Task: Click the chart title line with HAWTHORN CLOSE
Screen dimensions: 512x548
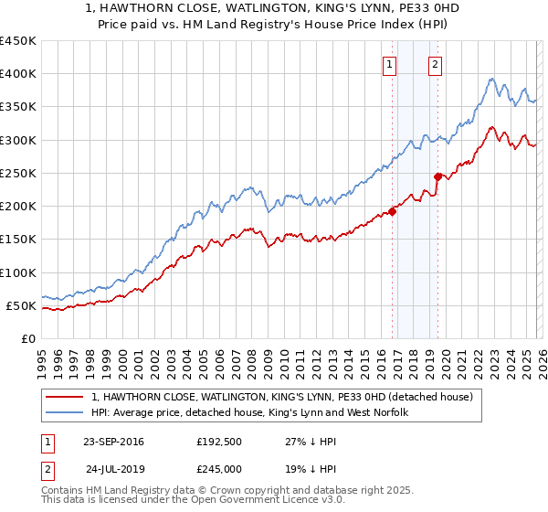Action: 274,8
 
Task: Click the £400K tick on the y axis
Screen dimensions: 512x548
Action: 18,74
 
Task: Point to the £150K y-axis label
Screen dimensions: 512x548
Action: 18,240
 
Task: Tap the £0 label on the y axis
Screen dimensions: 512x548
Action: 27,338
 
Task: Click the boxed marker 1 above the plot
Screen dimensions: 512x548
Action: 390,64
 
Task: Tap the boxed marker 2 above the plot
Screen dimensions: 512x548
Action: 435,64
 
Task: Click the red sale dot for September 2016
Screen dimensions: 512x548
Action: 392,211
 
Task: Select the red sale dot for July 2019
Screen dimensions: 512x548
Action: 437,176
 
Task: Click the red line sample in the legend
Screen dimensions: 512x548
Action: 66,398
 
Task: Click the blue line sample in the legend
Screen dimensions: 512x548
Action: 66,413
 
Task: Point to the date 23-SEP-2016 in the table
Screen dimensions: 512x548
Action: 113,442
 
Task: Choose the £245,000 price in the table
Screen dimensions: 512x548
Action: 218,468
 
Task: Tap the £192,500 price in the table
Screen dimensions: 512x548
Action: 218,442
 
